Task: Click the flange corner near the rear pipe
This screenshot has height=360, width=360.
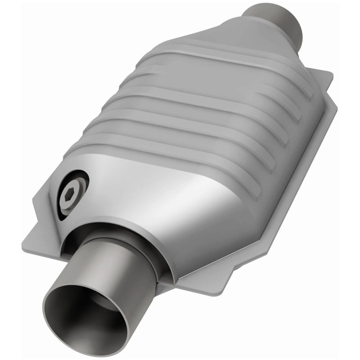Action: point(326,76)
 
